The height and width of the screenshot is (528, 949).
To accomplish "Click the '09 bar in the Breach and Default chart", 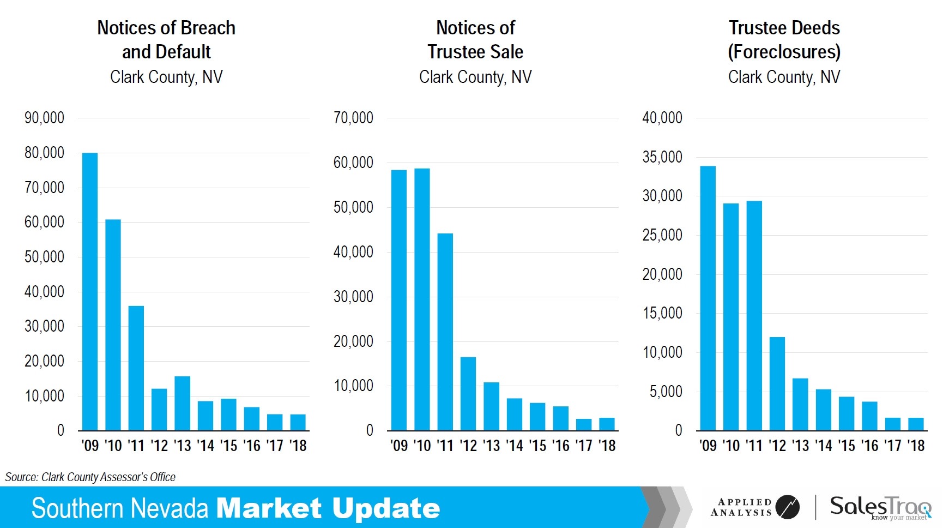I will (x=90, y=292).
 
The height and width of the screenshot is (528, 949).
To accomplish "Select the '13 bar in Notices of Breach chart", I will (x=183, y=404).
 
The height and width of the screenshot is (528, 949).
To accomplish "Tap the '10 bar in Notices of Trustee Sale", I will (x=422, y=299).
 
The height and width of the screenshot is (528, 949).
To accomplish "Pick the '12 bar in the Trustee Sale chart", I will (x=468, y=394).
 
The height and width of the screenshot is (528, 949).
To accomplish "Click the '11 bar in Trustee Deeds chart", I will (x=754, y=316).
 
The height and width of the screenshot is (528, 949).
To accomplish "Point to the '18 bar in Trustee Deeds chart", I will (x=916, y=424).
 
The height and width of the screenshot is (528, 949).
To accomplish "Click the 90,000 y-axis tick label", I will (x=44, y=118).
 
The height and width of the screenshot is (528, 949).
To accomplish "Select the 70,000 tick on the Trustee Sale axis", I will (x=353, y=118).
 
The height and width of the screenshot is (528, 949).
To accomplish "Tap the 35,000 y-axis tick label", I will (x=662, y=157).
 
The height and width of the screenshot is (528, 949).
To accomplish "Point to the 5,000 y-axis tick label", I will (x=666, y=392).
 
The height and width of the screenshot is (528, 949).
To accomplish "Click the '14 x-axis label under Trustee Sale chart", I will (x=515, y=446).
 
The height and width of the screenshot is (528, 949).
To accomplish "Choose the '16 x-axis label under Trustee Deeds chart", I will (x=870, y=446).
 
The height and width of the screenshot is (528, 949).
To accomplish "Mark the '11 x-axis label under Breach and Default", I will (x=136, y=446).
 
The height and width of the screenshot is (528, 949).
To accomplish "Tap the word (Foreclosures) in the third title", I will (x=784, y=52).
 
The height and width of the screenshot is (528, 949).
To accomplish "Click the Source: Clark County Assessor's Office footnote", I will (x=90, y=477).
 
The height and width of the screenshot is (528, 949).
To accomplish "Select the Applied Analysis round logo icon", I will (x=787, y=507).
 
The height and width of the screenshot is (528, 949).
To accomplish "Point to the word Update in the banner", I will (x=386, y=508).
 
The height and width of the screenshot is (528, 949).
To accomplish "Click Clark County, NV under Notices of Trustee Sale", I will (x=475, y=77).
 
